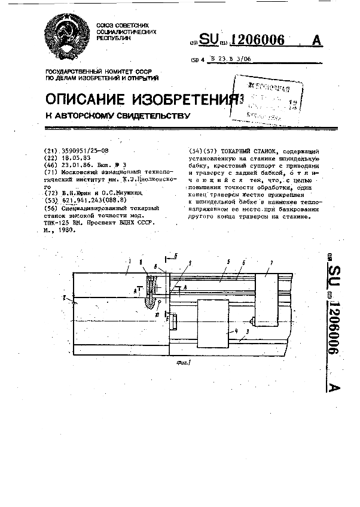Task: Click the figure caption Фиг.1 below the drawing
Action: tap(179, 362)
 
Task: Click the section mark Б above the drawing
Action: tap(176, 257)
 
